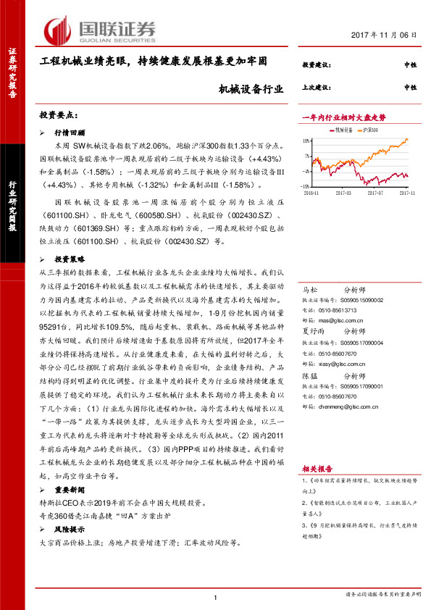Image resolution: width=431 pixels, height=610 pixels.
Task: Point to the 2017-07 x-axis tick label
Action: coord(374,193)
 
